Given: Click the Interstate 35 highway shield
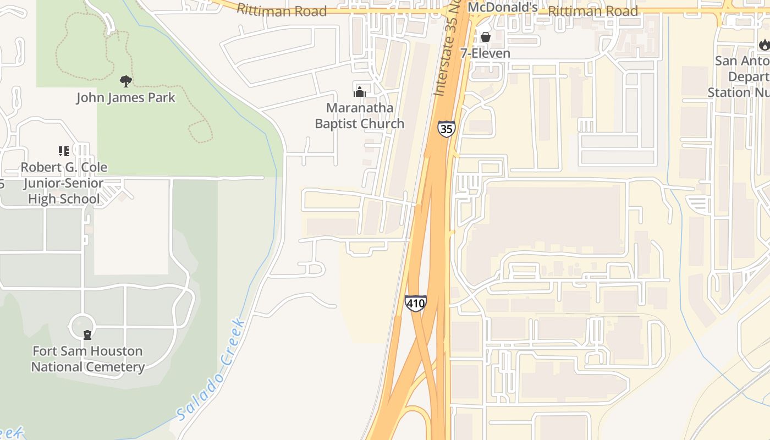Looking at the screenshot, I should click(x=446, y=129).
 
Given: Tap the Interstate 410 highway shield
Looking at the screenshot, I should click(x=415, y=302).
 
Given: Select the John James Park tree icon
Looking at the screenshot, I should click(x=126, y=82).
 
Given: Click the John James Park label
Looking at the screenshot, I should click(x=125, y=98).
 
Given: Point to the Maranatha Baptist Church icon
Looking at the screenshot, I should click(x=360, y=91).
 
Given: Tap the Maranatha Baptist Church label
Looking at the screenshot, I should click(x=360, y=116).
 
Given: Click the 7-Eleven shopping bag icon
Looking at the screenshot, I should click(x=486, y=37).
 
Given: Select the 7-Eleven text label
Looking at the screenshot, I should click(x=486, y=53).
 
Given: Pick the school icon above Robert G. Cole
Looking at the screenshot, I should click(x=64, y=151).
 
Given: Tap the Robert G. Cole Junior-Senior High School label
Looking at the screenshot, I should click(x=64, y=183).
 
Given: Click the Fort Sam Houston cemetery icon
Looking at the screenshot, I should click(x=87, y=334).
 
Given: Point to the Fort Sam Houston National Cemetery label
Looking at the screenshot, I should click(x=87, y=359).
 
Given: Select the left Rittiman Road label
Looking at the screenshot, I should click(x=282, y=10).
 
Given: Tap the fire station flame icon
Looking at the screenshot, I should click(x=764, y=45).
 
